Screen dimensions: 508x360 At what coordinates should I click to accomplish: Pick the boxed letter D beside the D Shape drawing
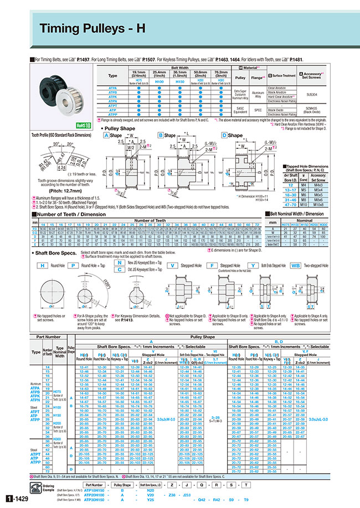[224, 135]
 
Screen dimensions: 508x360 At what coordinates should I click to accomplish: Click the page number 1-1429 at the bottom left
[15, 499]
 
